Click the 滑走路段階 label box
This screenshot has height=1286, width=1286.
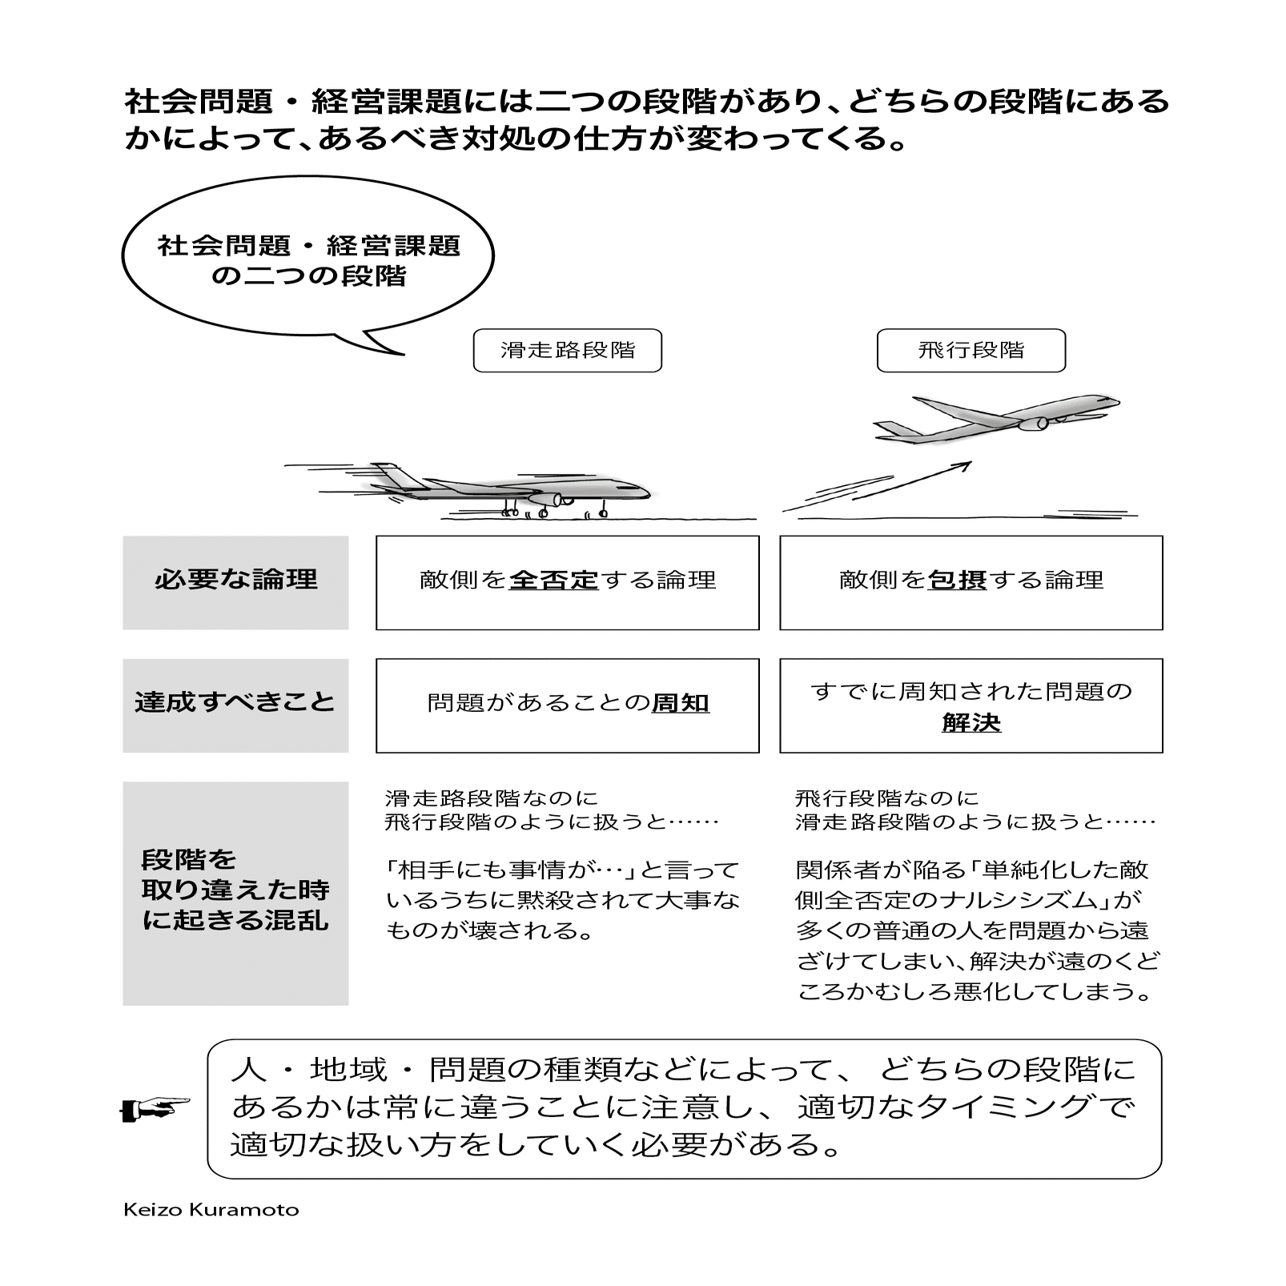pyautogui.click(x=567, y=351)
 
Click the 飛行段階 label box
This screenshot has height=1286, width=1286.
pyautogui.click(x=971, y=351)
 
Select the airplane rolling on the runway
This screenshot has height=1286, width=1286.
pyautogui.click(x=512, y=489)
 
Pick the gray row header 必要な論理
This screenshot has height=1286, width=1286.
pyautogui.click(x=235, y=582)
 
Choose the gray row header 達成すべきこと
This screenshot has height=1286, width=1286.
pyautogui.click(x=235, y=705)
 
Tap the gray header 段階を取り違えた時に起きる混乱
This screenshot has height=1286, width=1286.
pyautogui.click(x=235, y=893)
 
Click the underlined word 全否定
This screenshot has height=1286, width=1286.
pyautogui.click(x=553, y=581)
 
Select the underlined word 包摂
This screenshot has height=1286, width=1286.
pyautogui.click(x=957, y=581)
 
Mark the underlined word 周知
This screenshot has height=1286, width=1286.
pyautogui.click(x=681, y=704)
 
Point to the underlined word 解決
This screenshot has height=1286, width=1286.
pyautogui.click(x=971, y=723)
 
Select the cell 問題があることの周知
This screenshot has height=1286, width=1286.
pyautogui.click(x=567, y=705)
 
